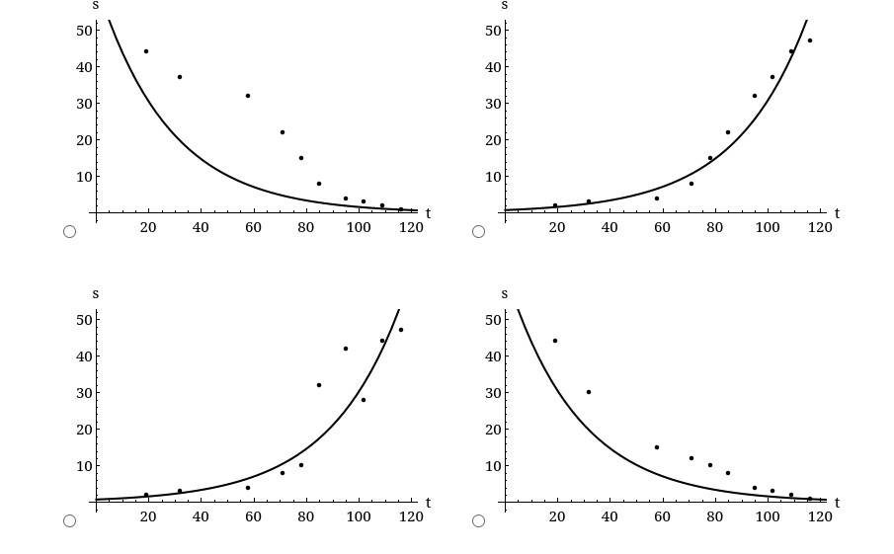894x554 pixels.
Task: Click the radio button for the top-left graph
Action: (x=69, y=231)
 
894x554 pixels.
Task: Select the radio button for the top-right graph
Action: (x=478, y=231)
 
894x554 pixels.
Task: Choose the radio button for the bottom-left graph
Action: (x=69, y=520)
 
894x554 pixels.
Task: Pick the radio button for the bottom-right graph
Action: (x=478, y=520)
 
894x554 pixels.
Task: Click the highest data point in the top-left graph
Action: (x=146, y=51)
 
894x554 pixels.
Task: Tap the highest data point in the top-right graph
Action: (x=809, y=40)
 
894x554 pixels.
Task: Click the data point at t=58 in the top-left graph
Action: (x=248, y=96)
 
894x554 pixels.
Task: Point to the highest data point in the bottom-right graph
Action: (x=555, y=341)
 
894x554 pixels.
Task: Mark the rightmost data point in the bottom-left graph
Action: (x=400, y=330)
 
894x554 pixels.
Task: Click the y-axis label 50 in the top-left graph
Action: (x=84, y=31)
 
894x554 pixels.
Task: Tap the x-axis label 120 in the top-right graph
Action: (x=819, y=228)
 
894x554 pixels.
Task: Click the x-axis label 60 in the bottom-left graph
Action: (x=253, y=517)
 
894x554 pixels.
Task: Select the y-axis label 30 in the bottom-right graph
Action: (x=493, y=393)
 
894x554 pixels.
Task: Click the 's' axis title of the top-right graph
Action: (x=505, y=5)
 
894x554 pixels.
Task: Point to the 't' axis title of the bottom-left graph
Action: (x=428, y=503)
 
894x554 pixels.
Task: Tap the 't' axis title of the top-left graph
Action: (x=428, y=213)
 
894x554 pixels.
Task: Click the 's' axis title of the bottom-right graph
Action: (x=505, y=294)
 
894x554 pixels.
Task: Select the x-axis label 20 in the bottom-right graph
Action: (x=557, y=517)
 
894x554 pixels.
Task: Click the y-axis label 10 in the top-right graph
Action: (x=493, y=177)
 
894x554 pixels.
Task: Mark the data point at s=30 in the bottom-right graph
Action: (x=589, y=392)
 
